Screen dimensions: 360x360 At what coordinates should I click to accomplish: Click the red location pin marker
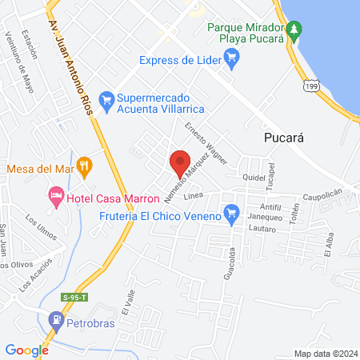coord(180,162)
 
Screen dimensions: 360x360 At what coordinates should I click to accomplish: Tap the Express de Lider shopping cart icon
coord(231,56)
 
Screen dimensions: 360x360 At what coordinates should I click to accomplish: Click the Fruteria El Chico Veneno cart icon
coord(232,213)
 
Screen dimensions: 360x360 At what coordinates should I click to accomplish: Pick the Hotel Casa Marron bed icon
coord(55,194)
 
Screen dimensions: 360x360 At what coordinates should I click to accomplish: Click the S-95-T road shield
coord(74,298)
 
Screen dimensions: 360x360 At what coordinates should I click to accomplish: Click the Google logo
coord(26,350)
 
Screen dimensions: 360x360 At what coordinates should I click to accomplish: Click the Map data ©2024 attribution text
coord(323,353)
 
